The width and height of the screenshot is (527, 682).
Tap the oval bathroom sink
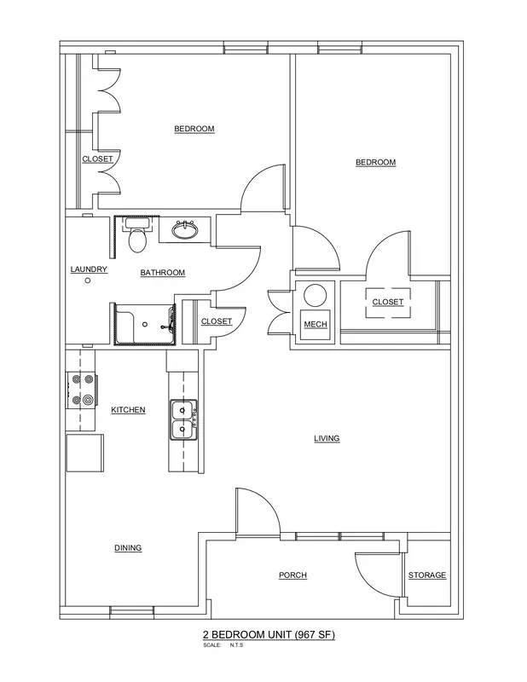coord(184,229)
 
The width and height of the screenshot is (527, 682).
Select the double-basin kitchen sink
coord(183,420)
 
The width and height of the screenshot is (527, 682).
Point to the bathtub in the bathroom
coord(145,325)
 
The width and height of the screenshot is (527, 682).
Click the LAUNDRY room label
coord(89,269)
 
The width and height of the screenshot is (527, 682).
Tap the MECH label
coord(316,325)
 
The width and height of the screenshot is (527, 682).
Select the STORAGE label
coord(427,575)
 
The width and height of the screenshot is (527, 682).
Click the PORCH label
coord(292,575)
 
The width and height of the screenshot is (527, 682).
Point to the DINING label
coord(128,548)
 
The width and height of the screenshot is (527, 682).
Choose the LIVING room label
coord(327,438)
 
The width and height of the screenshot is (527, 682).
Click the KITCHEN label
coord(128,410)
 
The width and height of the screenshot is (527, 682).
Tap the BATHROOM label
coord(163,273)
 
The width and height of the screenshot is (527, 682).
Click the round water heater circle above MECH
coord(315,296)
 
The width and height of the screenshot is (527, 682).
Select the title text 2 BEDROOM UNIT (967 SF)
coord(269,634)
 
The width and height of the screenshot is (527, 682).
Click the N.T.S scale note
coord(236,645)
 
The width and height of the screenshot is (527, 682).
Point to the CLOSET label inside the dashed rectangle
coord(388,302)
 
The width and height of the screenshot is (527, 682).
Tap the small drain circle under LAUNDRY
coord(88,280)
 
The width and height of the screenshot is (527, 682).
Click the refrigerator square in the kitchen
coord(85,453)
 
